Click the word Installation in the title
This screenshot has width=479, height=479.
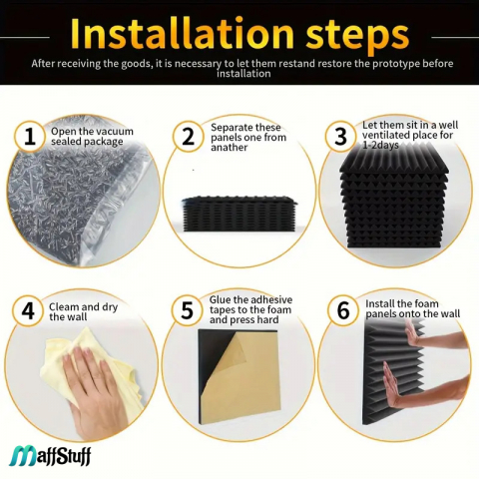tap(182, 33)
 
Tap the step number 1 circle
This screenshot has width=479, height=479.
tap(30, 137)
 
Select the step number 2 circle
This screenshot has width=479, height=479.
tap(189, 137)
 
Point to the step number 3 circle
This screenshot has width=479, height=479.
tap(340, 137)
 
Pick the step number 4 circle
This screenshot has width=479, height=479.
tap(28, 310)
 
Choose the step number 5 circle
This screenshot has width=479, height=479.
tap(188, 310)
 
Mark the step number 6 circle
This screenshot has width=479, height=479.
tap(343, 310)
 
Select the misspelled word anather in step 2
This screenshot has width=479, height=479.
tap(229, 148)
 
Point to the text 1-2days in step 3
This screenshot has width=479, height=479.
tap(380, 145)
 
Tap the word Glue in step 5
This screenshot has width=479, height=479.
tap(220, 299)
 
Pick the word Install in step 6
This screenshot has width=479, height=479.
tap(380, 303)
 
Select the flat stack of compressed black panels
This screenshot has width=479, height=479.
tap(239, 214)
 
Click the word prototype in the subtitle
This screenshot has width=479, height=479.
tap(395, 63)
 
